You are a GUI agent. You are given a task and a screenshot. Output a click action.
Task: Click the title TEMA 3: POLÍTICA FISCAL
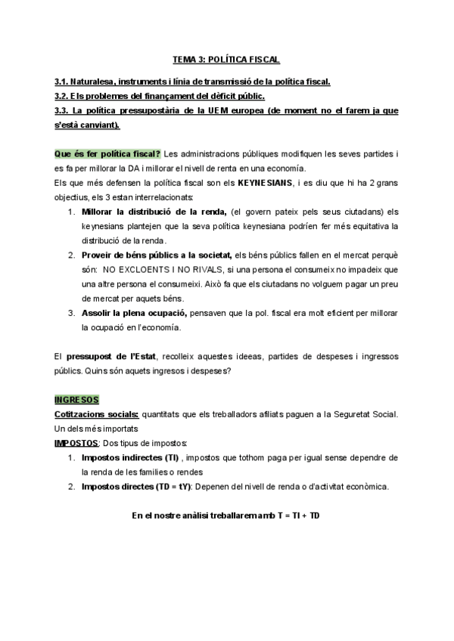pyautogui.click(x=226, y=59)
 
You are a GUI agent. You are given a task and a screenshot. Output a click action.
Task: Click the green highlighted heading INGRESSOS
pyautogui.click(x=77, y=399)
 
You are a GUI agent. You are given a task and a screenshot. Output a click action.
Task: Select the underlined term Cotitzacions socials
pyautogui.click(x=96, y=414)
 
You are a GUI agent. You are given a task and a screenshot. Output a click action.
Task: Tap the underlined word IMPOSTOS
pyautogui.click(x=76, y=443)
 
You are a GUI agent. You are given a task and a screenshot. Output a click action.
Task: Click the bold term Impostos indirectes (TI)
pyautogui.click(x=131, y=457)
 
